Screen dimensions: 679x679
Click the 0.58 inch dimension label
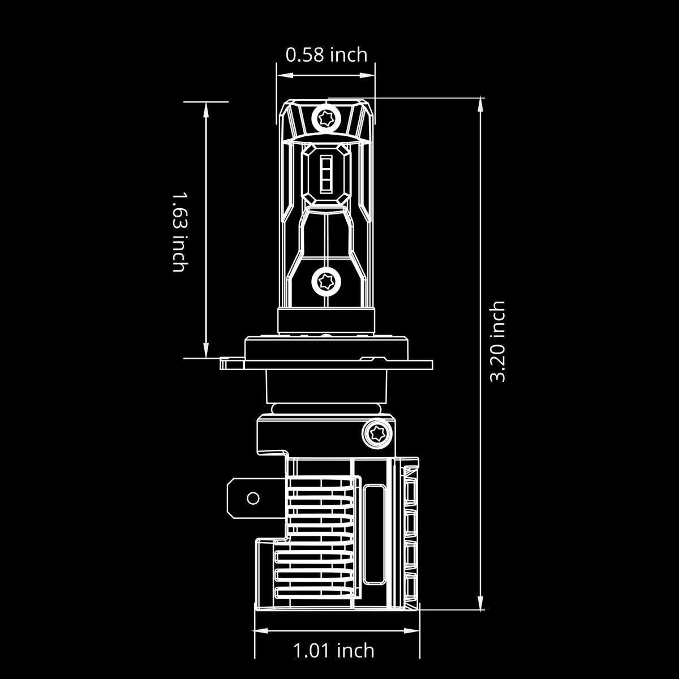(326, 55)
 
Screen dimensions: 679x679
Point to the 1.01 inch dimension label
(334, 651)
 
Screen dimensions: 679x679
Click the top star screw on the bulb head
(326, 119)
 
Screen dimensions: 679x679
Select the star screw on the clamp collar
(375, 433)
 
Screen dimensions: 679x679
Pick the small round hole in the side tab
(253, 498)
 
